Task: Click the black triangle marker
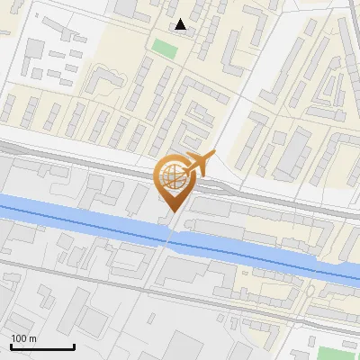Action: pos(181,24)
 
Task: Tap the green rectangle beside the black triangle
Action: pos(163,47)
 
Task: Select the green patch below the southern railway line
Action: pos(336,353)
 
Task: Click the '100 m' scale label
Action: pos(23,338)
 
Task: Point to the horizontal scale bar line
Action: pos(42,346)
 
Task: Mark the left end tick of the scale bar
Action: pos(11,345)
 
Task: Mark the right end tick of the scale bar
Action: pos(74,345)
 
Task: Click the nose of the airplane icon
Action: pos(212,157)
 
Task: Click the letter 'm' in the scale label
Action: pos(32,338)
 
